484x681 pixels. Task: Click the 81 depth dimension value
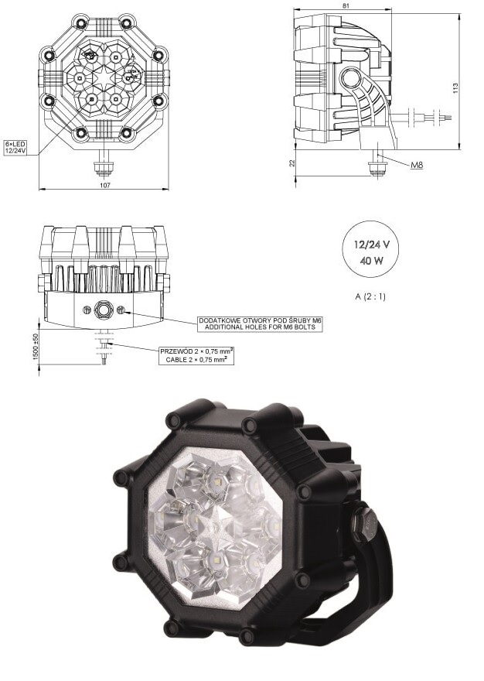(345, 8)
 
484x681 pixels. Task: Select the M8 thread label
(416, 166)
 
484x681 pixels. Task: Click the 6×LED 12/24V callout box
(17, 147)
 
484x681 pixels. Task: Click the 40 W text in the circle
(372, 260)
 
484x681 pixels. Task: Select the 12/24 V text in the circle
(372, 244)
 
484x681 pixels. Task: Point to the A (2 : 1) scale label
(372, 296)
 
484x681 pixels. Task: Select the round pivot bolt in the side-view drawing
(353, 78)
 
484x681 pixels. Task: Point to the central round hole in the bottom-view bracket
(104, 311)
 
